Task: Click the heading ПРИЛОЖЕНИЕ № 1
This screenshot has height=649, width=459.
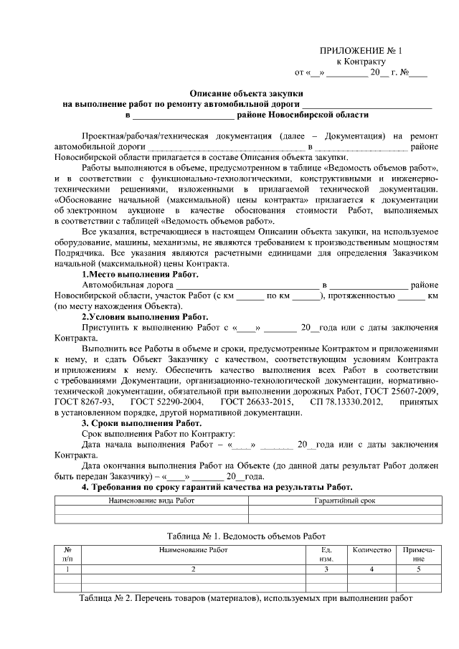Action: (361, 51)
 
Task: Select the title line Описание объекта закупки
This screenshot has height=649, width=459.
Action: (246, 93)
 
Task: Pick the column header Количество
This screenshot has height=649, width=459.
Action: (372, 550)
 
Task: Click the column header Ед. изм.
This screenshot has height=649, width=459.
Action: (326, 554)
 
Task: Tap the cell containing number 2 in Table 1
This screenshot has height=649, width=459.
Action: (193, 569)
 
